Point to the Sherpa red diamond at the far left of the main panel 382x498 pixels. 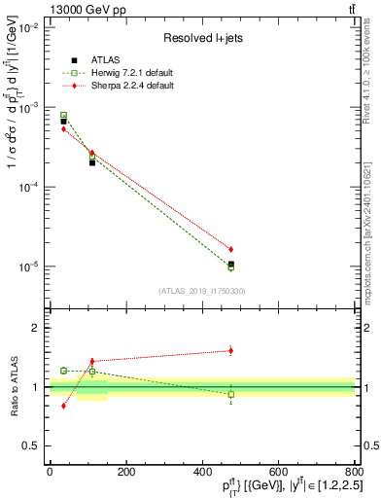pyautogui.click(x=63, y=128)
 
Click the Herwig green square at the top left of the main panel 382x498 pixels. pyautogui.click(x=63, y=116)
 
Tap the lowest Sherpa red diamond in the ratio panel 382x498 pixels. pyautogui.click(x=63, y=406)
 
